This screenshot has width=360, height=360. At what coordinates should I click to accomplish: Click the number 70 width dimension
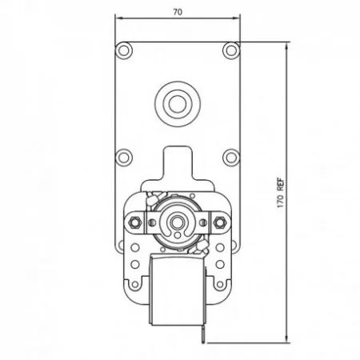[178, 12]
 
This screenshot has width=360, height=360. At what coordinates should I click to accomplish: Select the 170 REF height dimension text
[281, 193]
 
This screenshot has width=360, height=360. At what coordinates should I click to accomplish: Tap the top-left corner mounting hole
[124, 50]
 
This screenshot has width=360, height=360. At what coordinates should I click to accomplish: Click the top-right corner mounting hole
[231, 50]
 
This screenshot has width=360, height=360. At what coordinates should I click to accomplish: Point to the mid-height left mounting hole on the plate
[124, 158]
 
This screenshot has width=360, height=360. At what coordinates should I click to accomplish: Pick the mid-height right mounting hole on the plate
[231, 158]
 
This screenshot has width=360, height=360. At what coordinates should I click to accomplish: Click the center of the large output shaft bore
[178, 104]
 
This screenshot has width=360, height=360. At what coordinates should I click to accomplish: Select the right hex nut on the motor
[219, 222]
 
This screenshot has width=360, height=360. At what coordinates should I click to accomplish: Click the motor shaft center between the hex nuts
[177, 222]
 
